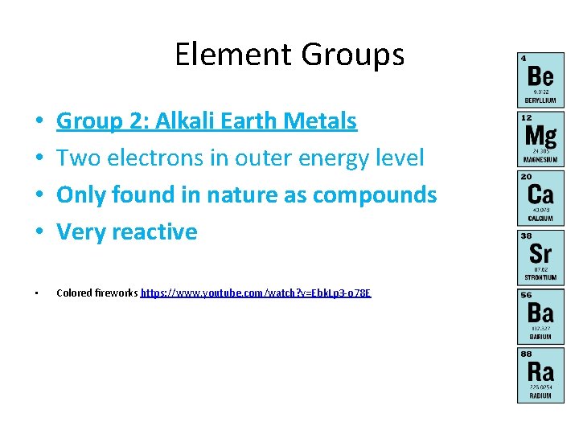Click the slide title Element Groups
coord(289,55)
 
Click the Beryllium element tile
coord(540,80)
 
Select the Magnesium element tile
coord(540,139)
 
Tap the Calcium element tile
coord(540,198)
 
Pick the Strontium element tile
coord(540,256)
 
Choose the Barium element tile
coord(540,316)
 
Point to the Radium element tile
coord(540,375)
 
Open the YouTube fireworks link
coord(257,293)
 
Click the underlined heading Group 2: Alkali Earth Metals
coord(206,121)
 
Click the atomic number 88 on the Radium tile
coord(526,354)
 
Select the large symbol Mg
coord(540,134)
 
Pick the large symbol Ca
coord(540,194)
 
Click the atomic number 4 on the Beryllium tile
coord(524,59)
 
